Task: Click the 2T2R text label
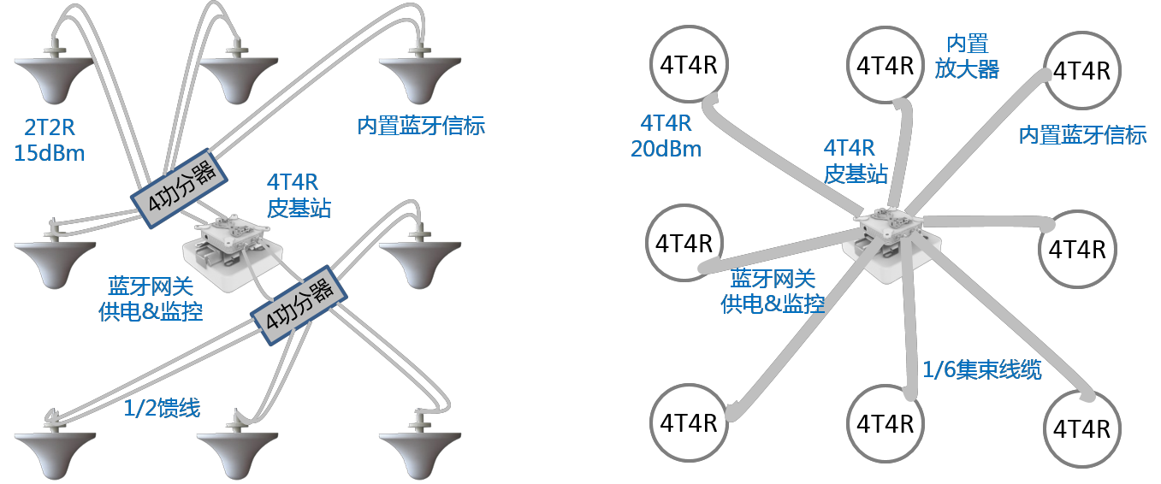tap(50, 128)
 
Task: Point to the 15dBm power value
tap(50, 153)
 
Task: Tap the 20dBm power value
tap(666, 149)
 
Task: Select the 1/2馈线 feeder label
tap(162, 409)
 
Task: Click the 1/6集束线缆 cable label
tap(981, 369)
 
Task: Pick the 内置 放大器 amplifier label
tap(966, 56)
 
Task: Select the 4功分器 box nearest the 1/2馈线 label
tap(300, 308)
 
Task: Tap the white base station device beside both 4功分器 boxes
tap(234, 247)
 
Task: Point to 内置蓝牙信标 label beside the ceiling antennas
tap(421, 126)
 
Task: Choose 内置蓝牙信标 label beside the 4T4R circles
tap(1082, 135)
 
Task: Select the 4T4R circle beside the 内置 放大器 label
tap(885, 65)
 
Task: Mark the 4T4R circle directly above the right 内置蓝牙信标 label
tap(1081, 70)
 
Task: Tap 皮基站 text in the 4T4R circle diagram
tap(855, 174)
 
